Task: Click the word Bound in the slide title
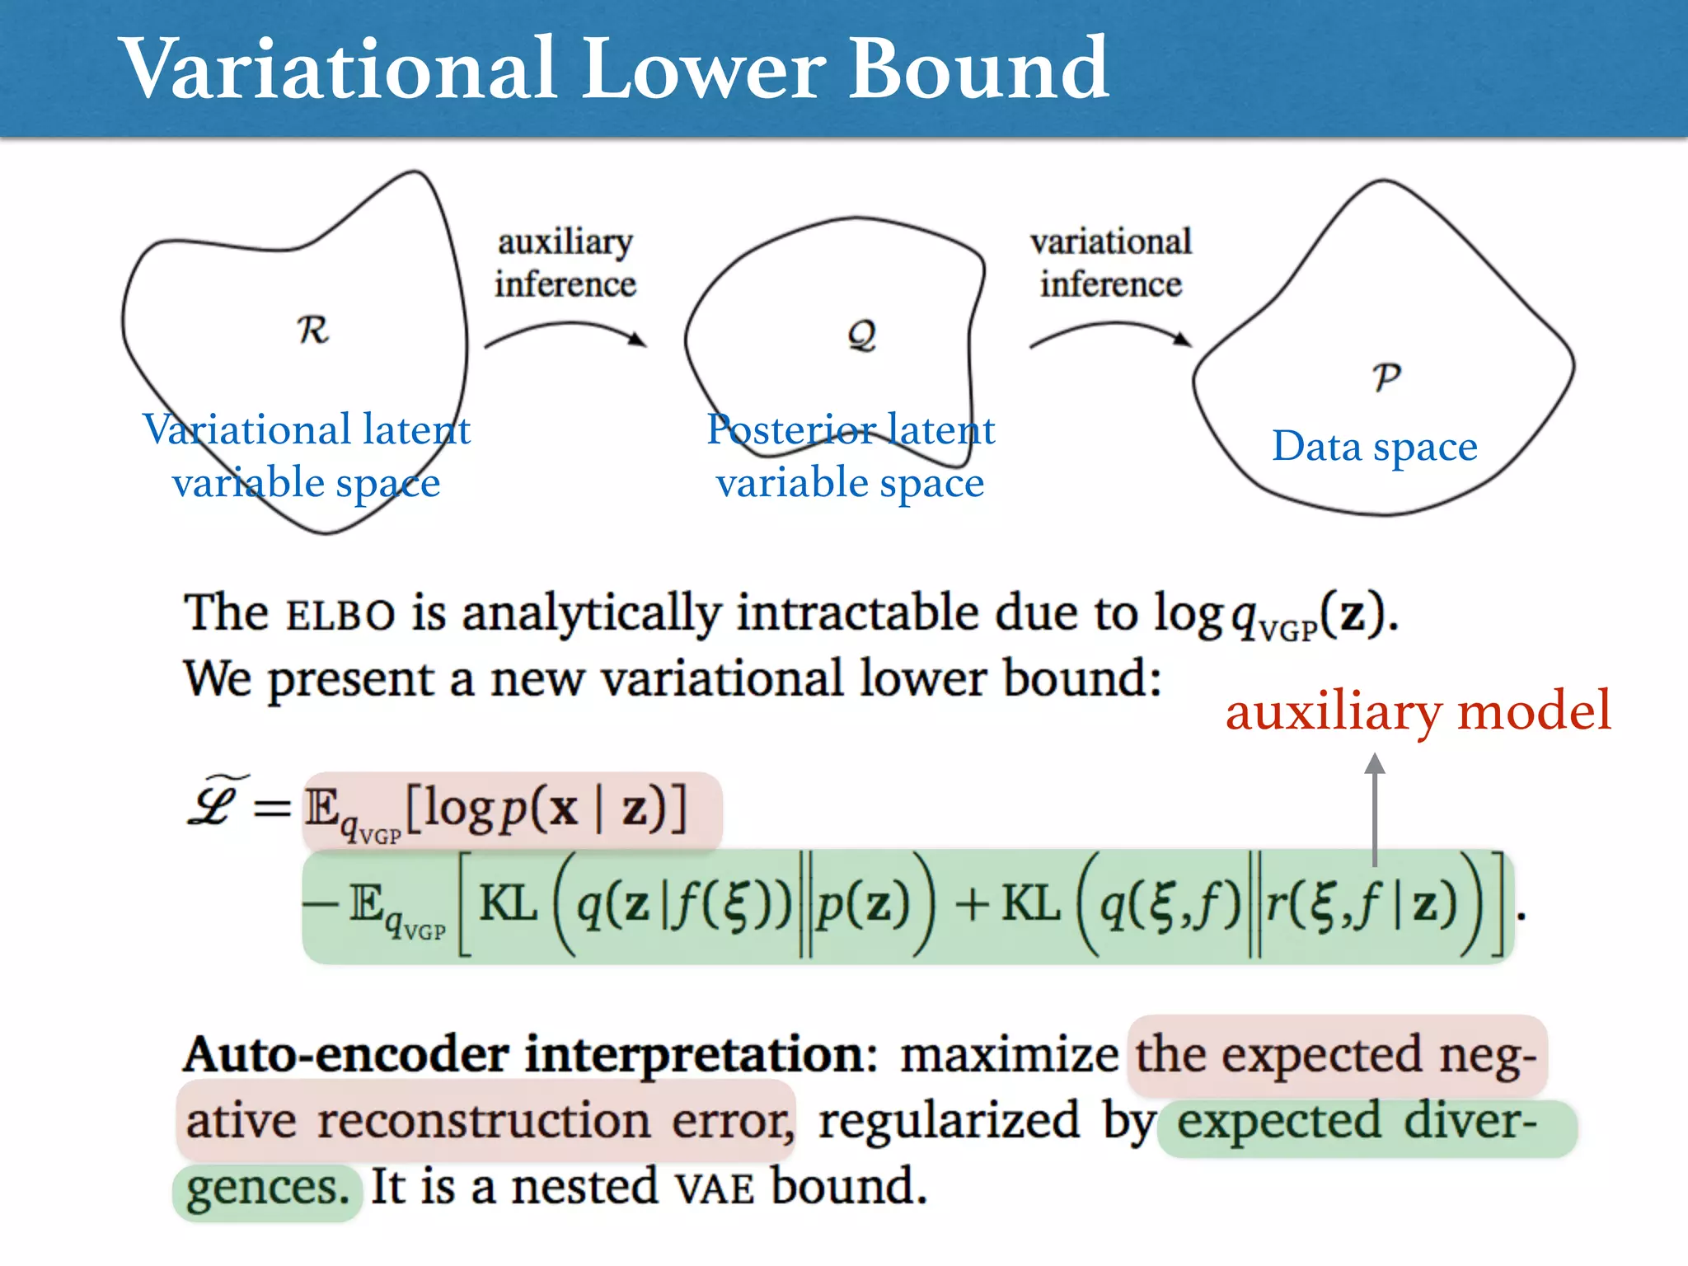(x=978, y=69)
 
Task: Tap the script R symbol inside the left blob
(x=312, y=330)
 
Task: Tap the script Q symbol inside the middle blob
(x=862, y=335)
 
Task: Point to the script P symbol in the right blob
(x=1386, y=377)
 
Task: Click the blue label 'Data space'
(x=1374, y=447)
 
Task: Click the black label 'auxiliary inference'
(x=565, y=263)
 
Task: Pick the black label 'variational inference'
(x=1111, y=263)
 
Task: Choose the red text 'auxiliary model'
(x=1418, y=711)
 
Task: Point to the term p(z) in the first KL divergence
(x=863, y=904)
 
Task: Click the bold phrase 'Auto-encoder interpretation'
(x=530, y=1056)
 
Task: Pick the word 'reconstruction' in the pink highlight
(x=485, y=1122)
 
